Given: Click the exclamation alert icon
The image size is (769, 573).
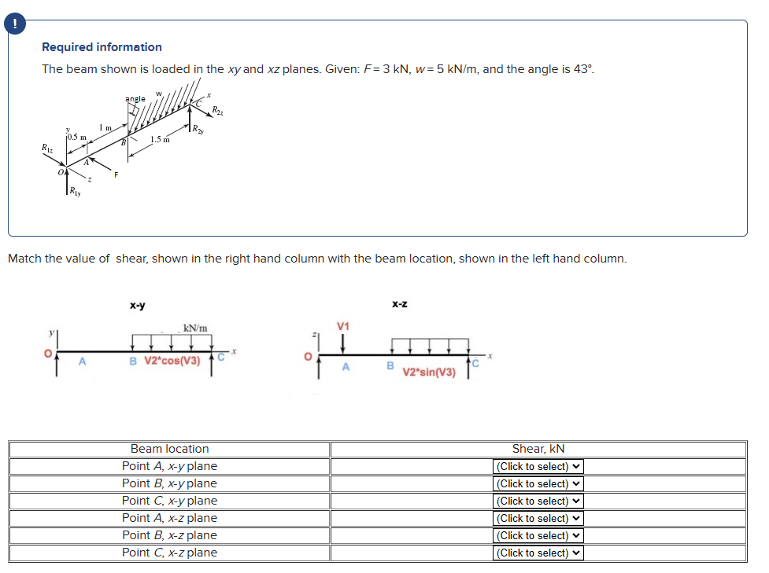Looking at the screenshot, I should pos(14,24).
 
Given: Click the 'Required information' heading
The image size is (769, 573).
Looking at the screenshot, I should pos(102,47).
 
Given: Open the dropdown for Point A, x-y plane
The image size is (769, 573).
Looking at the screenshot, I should pos(538,466).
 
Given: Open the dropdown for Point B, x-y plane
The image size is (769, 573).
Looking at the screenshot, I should pos(538,483).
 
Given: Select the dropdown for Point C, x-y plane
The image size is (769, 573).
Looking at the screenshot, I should pos(538,501).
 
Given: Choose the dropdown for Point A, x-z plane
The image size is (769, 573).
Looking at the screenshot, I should pos(538,518).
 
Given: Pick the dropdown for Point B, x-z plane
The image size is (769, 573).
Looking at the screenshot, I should pos(538,535).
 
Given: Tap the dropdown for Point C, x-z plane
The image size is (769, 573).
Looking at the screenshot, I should pos(538,553).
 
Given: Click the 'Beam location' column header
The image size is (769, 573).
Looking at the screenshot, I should pos(169,449).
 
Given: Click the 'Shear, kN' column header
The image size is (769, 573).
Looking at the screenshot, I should pos(538,449).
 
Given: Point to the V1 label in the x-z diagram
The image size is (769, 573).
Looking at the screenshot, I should pos(342,326).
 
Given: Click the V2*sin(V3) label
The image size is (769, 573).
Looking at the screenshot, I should pos(429,372).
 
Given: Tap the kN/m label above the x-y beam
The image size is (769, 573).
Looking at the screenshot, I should pos(195,328).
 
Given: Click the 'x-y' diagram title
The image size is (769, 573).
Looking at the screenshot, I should pos(137,305).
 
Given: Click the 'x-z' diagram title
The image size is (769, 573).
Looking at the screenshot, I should pos(399,303).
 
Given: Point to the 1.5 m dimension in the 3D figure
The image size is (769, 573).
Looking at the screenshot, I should pos(160,139).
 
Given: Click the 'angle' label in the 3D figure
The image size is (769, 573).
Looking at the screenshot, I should pos(135,99).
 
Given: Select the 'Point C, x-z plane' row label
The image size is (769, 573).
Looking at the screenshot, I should pos(169,553).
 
